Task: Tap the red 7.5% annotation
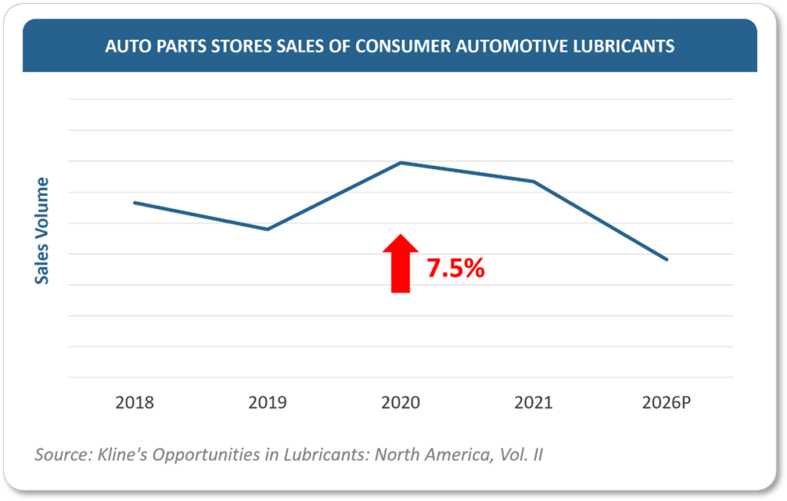[456, 268]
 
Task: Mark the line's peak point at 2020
[400, 162]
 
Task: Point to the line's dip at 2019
[267, 229]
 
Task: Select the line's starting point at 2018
[134, 202]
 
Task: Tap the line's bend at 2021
[533, 181]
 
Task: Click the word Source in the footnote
[60, 454]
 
